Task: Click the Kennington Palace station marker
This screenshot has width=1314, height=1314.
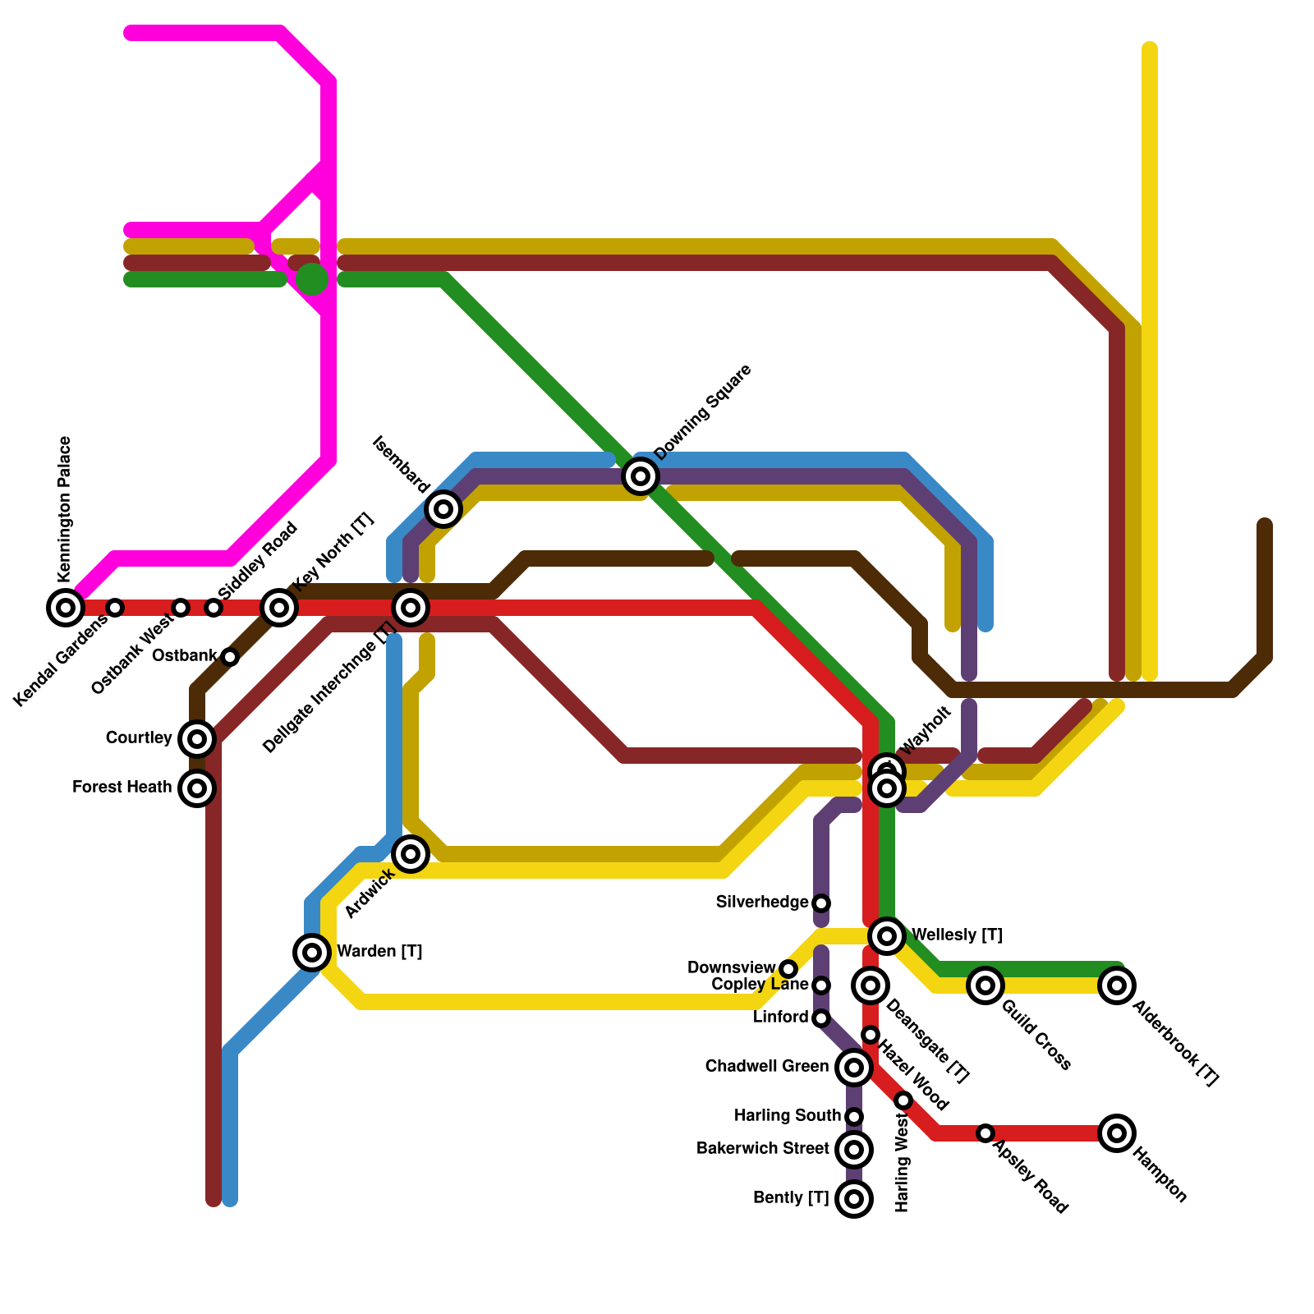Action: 66,608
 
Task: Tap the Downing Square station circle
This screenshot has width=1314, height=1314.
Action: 641,476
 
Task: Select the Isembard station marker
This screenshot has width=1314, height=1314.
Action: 443,509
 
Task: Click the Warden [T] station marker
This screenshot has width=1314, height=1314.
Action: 312,953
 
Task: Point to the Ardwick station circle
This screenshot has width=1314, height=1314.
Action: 411,854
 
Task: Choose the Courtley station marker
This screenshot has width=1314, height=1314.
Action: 197,739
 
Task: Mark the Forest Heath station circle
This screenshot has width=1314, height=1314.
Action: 197,788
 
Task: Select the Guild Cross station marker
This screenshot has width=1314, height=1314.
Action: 985,985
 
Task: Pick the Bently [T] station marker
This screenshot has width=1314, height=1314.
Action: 854,1199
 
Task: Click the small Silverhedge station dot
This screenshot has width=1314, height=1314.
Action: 821,903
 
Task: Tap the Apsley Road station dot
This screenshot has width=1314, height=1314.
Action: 985,1133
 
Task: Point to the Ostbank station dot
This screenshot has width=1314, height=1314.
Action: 230,657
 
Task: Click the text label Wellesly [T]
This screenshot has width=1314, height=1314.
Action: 957,935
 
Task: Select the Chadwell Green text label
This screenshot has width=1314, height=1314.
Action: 766,1067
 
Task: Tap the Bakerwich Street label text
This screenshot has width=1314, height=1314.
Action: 762,1149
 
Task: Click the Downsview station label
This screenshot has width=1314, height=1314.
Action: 731,968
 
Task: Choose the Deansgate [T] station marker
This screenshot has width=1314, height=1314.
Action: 871,985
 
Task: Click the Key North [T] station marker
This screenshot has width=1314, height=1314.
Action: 279,608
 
